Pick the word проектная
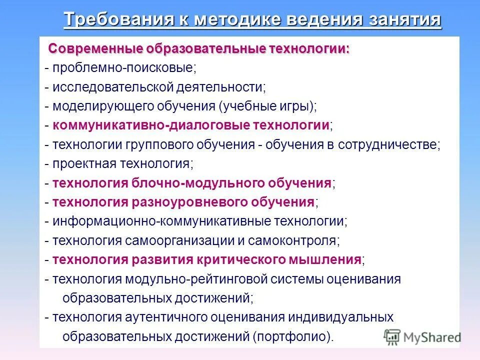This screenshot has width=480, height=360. pos(84,163)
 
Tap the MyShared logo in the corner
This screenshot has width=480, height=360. pos(422,336)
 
